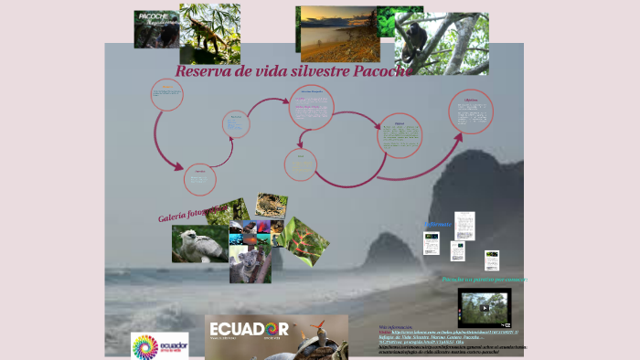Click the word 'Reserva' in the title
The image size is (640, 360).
tap(204, 71)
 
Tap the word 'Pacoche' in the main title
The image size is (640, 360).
tap(379, 69)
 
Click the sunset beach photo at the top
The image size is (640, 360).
tap(336, 34)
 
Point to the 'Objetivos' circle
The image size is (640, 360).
tap(471, 111)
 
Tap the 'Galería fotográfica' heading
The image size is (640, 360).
tap(190, 213)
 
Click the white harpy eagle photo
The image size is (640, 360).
tap(199, 244)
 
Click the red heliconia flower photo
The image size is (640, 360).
tap(305, 237)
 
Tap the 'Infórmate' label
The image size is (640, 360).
tap(438, 224)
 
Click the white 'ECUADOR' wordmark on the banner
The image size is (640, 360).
tap(249, 329)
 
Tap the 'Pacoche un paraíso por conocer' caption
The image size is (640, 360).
tap(484, 279)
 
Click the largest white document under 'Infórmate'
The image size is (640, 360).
tap(464, 225)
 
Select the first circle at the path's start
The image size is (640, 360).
tap(166, 94)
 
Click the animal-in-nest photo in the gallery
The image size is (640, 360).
tap(272, 205)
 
